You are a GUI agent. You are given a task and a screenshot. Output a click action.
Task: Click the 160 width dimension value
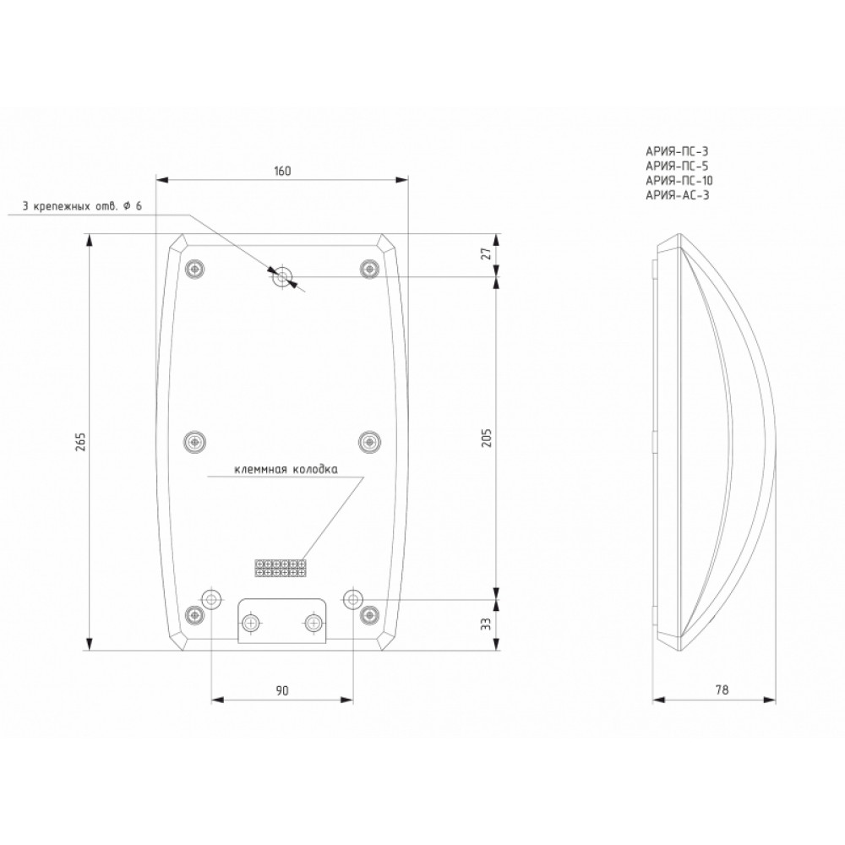point(282,171)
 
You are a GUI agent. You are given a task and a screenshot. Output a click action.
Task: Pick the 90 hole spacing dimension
point(282,690)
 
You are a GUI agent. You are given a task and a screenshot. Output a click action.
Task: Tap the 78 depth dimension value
point(722,690)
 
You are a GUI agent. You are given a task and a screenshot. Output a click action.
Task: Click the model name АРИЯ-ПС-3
point(676,151)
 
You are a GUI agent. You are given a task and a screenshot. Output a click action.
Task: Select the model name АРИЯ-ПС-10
point(679,181)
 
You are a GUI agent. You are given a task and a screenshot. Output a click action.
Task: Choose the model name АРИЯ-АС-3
point(678,195)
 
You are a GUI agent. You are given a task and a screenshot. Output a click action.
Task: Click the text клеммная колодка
point(286,470)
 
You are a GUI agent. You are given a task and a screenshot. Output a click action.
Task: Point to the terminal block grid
point(281,568)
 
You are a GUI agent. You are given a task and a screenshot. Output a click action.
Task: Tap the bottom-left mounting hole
point(210,597)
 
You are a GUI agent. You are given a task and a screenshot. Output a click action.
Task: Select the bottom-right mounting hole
point(352,597)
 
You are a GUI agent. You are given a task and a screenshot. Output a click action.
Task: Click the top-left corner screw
point(194,268)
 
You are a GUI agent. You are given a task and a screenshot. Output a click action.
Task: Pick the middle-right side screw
point(369,442)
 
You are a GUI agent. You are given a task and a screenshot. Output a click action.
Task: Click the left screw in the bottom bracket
point(250,624)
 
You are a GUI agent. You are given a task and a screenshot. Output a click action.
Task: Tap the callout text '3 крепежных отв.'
point(69,206)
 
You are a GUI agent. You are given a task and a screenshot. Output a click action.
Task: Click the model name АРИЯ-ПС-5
point(677,166)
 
